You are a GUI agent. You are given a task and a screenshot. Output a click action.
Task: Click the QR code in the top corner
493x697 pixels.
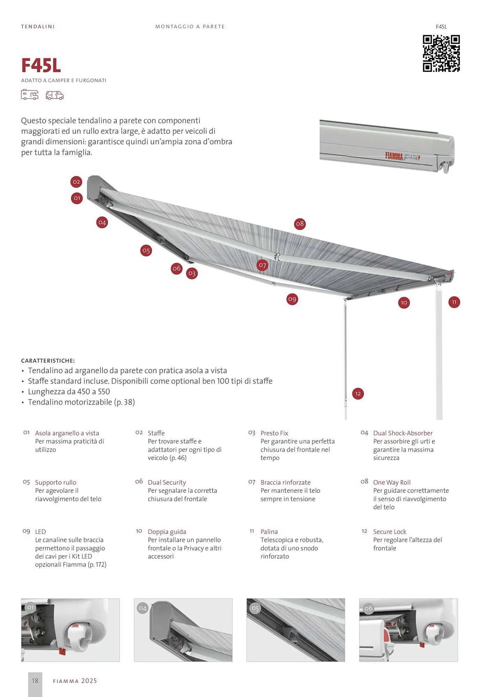[x=441, y=53]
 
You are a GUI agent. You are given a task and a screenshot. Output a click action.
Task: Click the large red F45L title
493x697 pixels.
[x=41, y=65]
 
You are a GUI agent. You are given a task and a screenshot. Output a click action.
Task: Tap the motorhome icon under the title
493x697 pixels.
[x=30, y=95]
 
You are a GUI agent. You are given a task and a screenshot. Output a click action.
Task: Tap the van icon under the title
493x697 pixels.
[x=55, y=95]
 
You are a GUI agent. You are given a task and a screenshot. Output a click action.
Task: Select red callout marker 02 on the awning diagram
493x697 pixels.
[x=76, y=182]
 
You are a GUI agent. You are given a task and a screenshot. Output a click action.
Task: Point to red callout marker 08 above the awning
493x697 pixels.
[x=300, y=224]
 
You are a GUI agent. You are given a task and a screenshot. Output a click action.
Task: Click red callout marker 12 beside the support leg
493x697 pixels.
[x=358, y=394]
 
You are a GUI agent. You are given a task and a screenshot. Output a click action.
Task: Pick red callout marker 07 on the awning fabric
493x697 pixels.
[x=263, y=265]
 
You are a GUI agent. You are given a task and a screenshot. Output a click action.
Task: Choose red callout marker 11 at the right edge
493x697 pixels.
[x=454, y=302]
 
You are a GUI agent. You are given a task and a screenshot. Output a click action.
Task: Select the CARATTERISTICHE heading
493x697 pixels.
[x=48, y=361]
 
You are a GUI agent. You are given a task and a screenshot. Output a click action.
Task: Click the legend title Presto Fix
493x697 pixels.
[x=274, y=433]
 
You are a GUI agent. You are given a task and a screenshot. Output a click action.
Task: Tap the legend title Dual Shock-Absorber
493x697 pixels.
[x=403, y=433]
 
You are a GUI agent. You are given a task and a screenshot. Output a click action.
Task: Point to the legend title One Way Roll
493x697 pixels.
[x=392, y=482]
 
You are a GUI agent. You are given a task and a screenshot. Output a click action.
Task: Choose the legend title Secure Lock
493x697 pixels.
[x=389, y=531]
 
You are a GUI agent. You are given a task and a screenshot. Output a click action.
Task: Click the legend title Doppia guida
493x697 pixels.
[x=167, y=531]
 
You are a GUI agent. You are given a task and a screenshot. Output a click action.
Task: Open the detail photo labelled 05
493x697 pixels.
[x=296, y=630]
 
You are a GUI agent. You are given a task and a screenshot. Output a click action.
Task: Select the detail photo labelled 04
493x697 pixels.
[x=183, y=630]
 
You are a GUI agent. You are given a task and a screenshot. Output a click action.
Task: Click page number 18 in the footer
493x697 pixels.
[x=35, y=681]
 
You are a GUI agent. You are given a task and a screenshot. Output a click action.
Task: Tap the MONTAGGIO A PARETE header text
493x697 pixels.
[x=190, y=26]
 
